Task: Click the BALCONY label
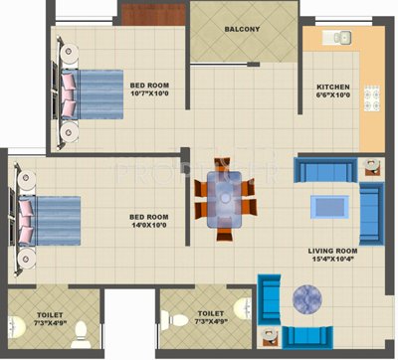(242, 29)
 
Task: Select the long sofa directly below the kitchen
(325, 171)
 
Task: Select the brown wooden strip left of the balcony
(153, 14)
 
